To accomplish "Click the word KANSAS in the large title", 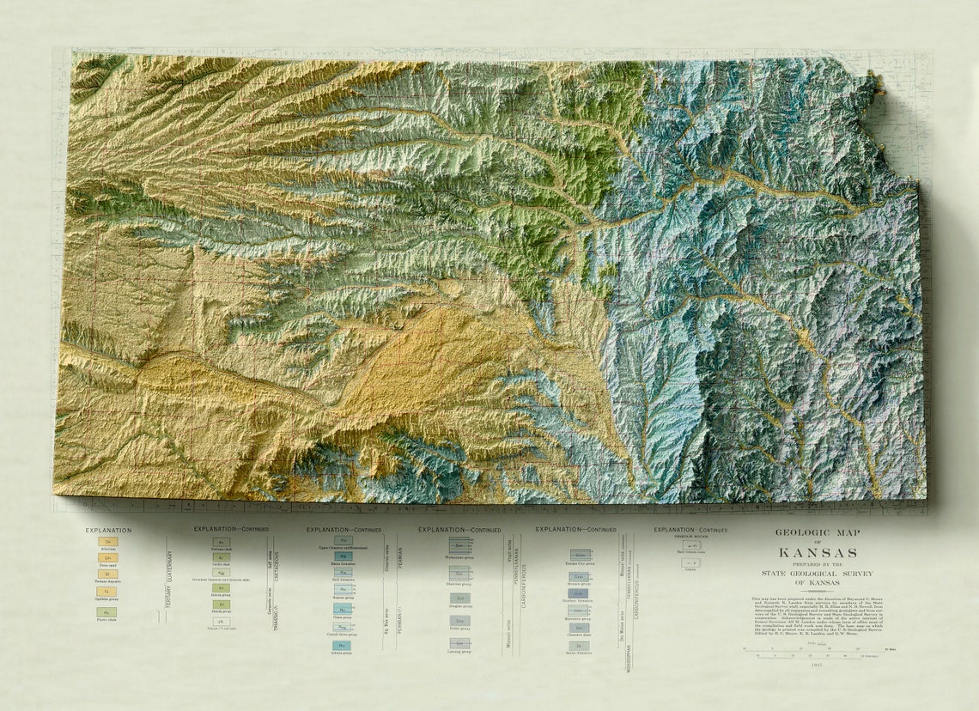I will (816, 552).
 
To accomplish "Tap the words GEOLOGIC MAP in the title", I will (816, 532).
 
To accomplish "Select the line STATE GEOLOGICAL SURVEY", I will (816, 573).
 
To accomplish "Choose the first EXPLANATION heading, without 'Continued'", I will (108, 530).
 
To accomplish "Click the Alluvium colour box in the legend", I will (108, 542).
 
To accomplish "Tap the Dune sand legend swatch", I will (108, 557).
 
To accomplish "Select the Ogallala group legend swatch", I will (108, 592).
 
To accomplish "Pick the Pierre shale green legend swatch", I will (108, 612).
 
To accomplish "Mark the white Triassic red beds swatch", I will (221, 621).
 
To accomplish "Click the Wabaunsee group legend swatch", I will (459, 545).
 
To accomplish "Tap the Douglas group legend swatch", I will (459, 598).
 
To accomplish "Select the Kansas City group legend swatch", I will (581, 556).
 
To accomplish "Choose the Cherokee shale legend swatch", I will (581, 628).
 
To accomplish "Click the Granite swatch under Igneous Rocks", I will (690, 562).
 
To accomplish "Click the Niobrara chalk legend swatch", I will (221, 543).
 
